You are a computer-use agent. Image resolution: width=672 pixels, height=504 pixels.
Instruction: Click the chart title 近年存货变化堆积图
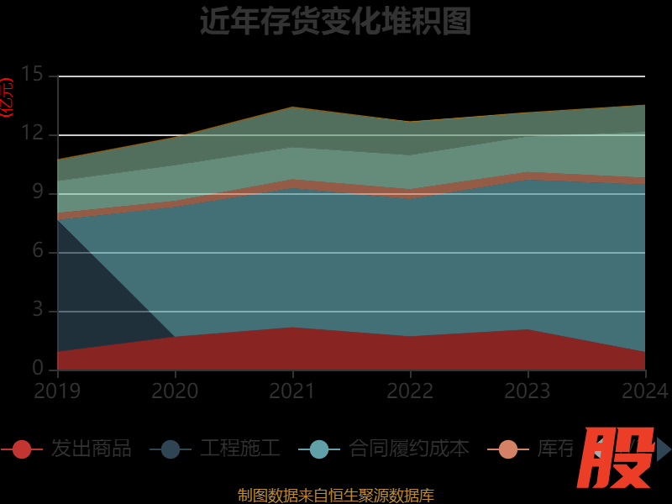pos(335,22)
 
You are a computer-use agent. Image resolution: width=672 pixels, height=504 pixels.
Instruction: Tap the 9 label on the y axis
pos(38,192)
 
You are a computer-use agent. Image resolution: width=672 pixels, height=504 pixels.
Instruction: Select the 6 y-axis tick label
pos(38,251)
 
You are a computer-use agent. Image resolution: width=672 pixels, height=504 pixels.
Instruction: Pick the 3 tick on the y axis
pos(38,310)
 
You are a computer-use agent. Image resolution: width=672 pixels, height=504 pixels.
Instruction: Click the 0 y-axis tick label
pos(38,368)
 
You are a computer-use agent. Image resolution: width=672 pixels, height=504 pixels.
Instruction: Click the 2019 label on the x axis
pos(57,391)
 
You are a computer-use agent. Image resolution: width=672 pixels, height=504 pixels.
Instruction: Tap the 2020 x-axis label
pos(175,391)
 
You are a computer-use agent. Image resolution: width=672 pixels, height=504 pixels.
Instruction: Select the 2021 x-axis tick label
pos(292,391)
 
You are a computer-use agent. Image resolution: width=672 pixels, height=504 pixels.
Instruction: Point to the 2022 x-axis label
pos(410,391)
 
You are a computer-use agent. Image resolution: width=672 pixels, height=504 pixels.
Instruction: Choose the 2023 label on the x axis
pos(528,391)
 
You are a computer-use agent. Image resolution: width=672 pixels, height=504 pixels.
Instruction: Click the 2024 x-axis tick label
pos(645,391)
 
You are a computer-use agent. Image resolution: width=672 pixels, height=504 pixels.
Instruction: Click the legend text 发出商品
pos(91,449)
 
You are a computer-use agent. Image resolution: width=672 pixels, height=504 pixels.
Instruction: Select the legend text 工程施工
pos(239,449)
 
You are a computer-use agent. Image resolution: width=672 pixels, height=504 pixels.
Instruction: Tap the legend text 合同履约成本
pos(408,449)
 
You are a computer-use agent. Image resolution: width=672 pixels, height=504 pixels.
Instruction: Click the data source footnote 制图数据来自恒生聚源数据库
pos(336,495)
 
